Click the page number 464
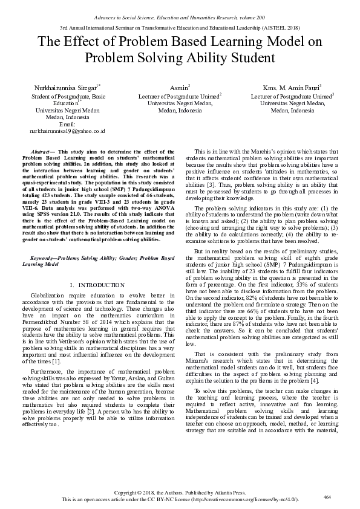click(x=328, y=496)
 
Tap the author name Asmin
click(x=179, y=88)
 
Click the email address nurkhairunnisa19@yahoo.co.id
click(x=68, y=131)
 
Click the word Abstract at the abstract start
click(x=41, y=151)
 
